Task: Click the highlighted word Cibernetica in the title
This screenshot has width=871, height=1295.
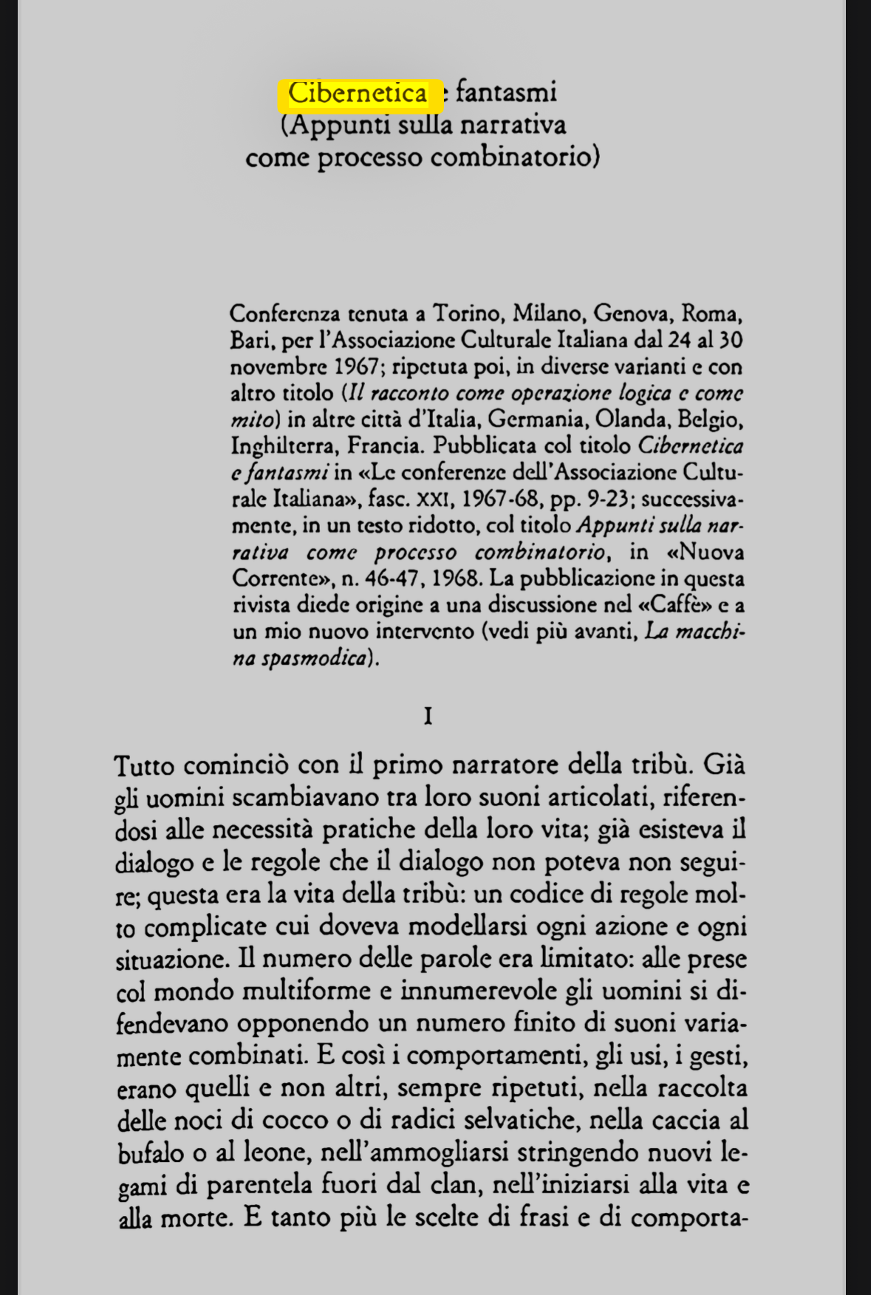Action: (358, 93)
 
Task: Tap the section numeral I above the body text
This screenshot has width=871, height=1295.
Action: (428, 716)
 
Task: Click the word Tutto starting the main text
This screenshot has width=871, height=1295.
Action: (144, 766)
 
